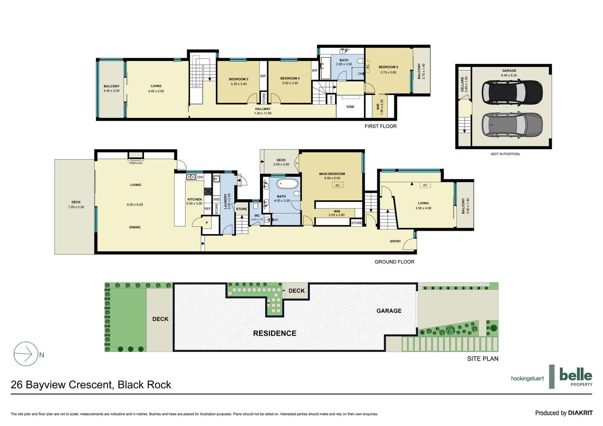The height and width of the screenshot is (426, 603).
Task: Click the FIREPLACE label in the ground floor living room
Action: pyautogui.click(x=136, y=163)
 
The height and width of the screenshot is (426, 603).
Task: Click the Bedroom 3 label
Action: pyautogui.click(x=238, y=79)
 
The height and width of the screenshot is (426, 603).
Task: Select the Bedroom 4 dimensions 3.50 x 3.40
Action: pyautogui.click(x=290, y=83)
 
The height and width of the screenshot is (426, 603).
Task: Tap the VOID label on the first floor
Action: pyautogui.click(x=350, y=107)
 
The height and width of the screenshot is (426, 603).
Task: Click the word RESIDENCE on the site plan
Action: pyautogui.click(x=275, y=333)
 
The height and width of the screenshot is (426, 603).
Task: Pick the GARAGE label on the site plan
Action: pyautogui.click(x=389, y=311)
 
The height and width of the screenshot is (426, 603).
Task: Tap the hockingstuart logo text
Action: pyautogui.click(x=527, y=378)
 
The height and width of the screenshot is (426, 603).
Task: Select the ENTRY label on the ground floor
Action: pyautogui.click(x=395, y=241)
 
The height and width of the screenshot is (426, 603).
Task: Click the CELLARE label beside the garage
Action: pyautogui.click(x=463, y=84)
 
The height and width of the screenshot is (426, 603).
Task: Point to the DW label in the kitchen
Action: pyautogui.click(x=200, y=177)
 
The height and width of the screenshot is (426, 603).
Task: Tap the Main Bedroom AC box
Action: pyautogui.click(x=337, y=185)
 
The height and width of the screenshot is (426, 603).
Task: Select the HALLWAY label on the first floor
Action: pyautogui.click(x=263, y=109)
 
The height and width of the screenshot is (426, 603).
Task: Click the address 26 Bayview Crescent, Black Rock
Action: pyautogui.click(x=91, y=385)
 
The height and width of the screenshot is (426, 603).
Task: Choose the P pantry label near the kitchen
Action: pyautogui.click(x=206, y=223)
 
